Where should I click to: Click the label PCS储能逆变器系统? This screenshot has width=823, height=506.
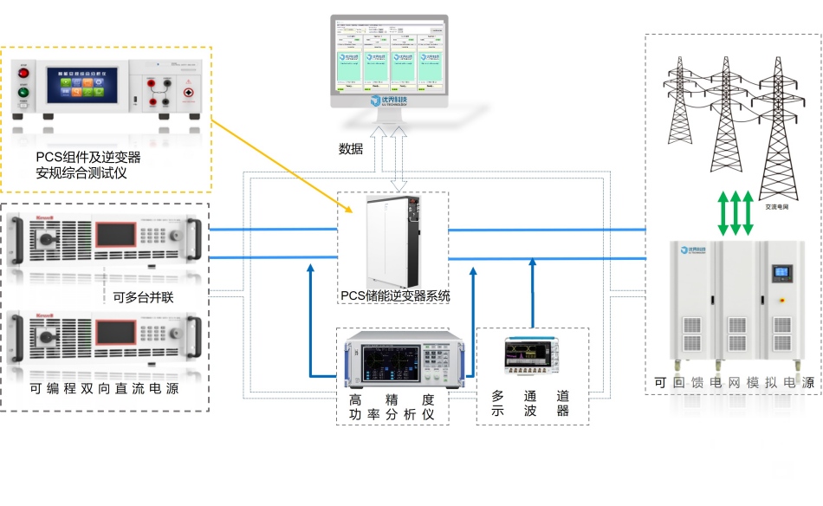pyautogui.click(x=395, y=296)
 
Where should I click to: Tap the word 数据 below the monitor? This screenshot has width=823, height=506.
pyautogui.click(x=351, y=148)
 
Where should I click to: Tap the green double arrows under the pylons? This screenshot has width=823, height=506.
pyautogui.click(x=736, y=214)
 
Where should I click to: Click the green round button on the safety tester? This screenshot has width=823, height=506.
pyautogui.click(x=23, y=93)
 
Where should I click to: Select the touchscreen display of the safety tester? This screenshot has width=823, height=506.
pyautogui.click(x=83, y=84)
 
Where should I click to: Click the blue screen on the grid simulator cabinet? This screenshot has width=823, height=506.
pyautogui.click(x=782, y=272)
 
